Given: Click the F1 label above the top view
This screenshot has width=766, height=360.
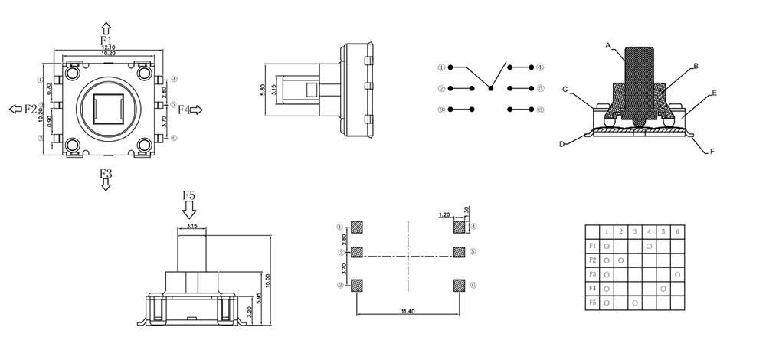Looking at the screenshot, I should [x=106, y=40].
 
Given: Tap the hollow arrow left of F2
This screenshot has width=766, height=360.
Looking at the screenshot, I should [x=15, y=110].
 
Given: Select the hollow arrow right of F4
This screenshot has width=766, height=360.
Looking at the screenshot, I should [x=196, y=110].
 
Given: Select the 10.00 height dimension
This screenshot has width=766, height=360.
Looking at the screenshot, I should [x=268, y=277].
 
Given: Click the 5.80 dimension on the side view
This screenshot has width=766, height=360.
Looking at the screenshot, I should [x=264, y=90].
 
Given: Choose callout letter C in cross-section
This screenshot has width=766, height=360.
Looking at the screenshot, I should [x=565, y=90].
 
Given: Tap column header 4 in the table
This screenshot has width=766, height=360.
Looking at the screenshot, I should [x=650, y=231].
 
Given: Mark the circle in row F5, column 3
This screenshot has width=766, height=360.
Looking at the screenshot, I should [x=635, y=303].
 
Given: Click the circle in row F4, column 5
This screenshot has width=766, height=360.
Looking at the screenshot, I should [x=663, y=289].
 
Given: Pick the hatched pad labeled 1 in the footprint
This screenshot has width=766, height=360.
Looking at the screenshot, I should [x=357, y=227].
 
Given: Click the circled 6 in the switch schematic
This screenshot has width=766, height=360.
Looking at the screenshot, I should [x=540, y=110].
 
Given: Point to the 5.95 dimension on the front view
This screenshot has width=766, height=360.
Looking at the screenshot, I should [x=259, y=299].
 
